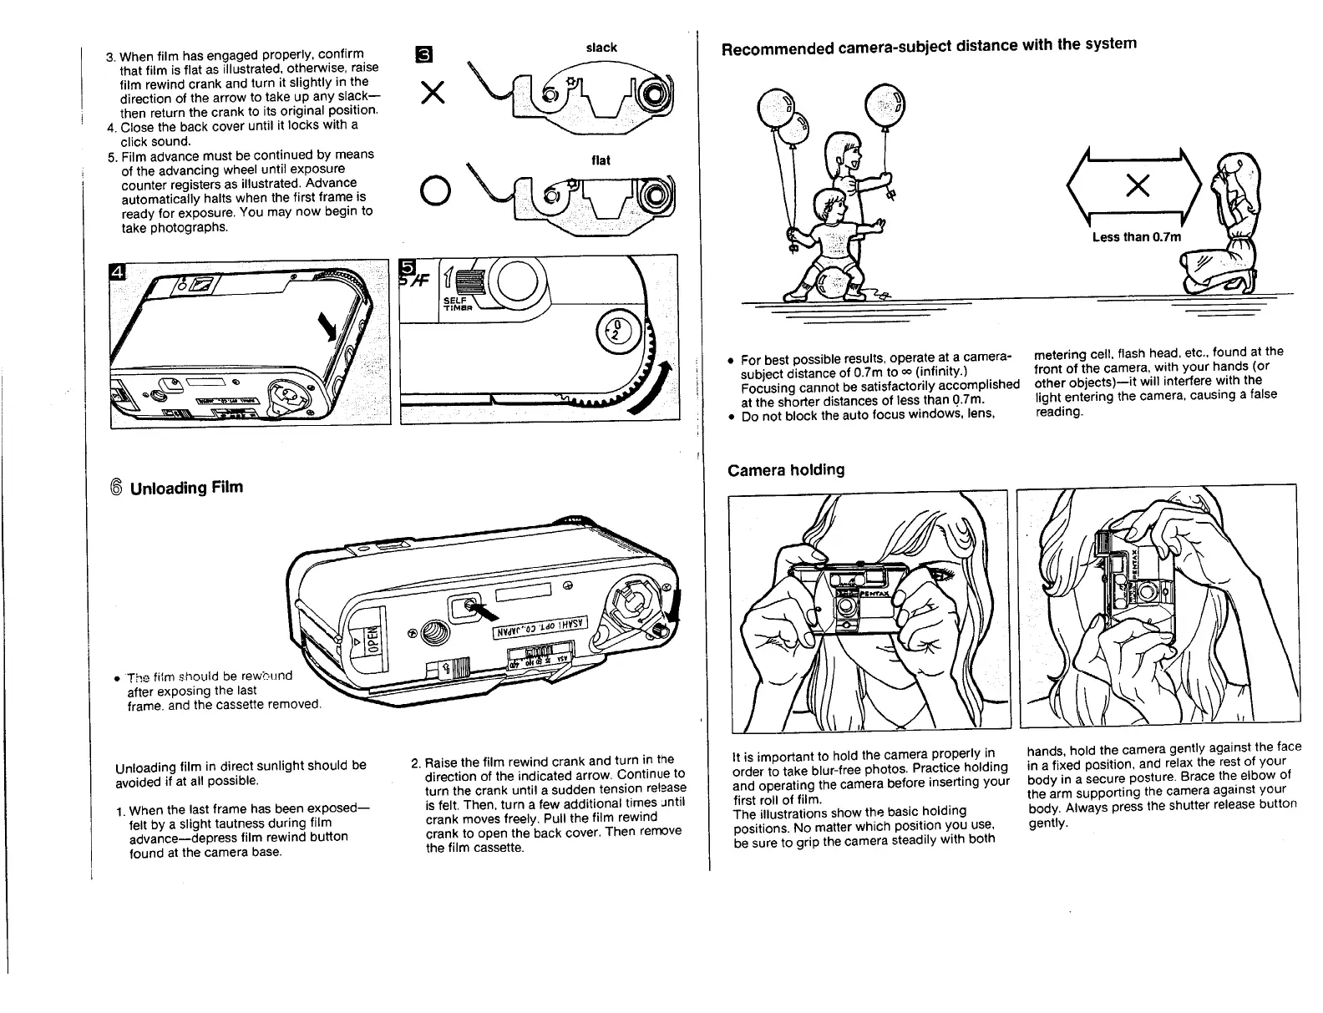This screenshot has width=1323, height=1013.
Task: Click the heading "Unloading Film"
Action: [x=186, y=487]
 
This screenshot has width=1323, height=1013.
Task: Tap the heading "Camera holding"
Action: [x=786, y=469]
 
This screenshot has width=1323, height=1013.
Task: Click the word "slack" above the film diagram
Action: [x=601, y=48]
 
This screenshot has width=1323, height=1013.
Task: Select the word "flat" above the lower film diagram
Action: [x=600, y=160]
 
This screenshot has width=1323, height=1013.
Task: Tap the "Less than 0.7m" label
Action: [x=1137, y=237]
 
